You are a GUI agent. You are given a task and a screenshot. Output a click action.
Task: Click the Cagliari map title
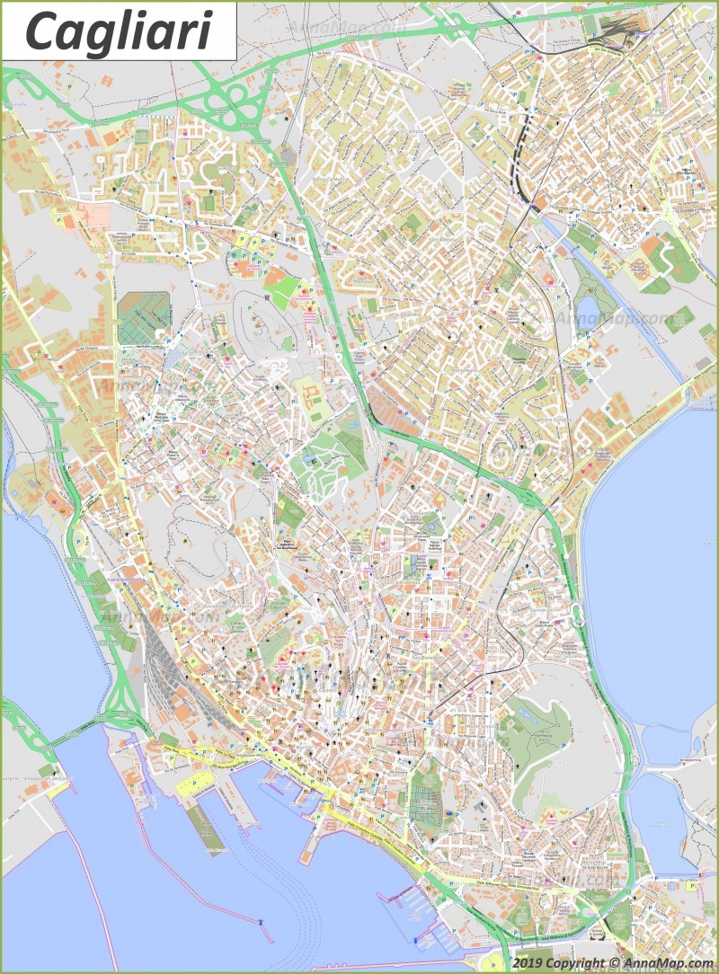[119, 31]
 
